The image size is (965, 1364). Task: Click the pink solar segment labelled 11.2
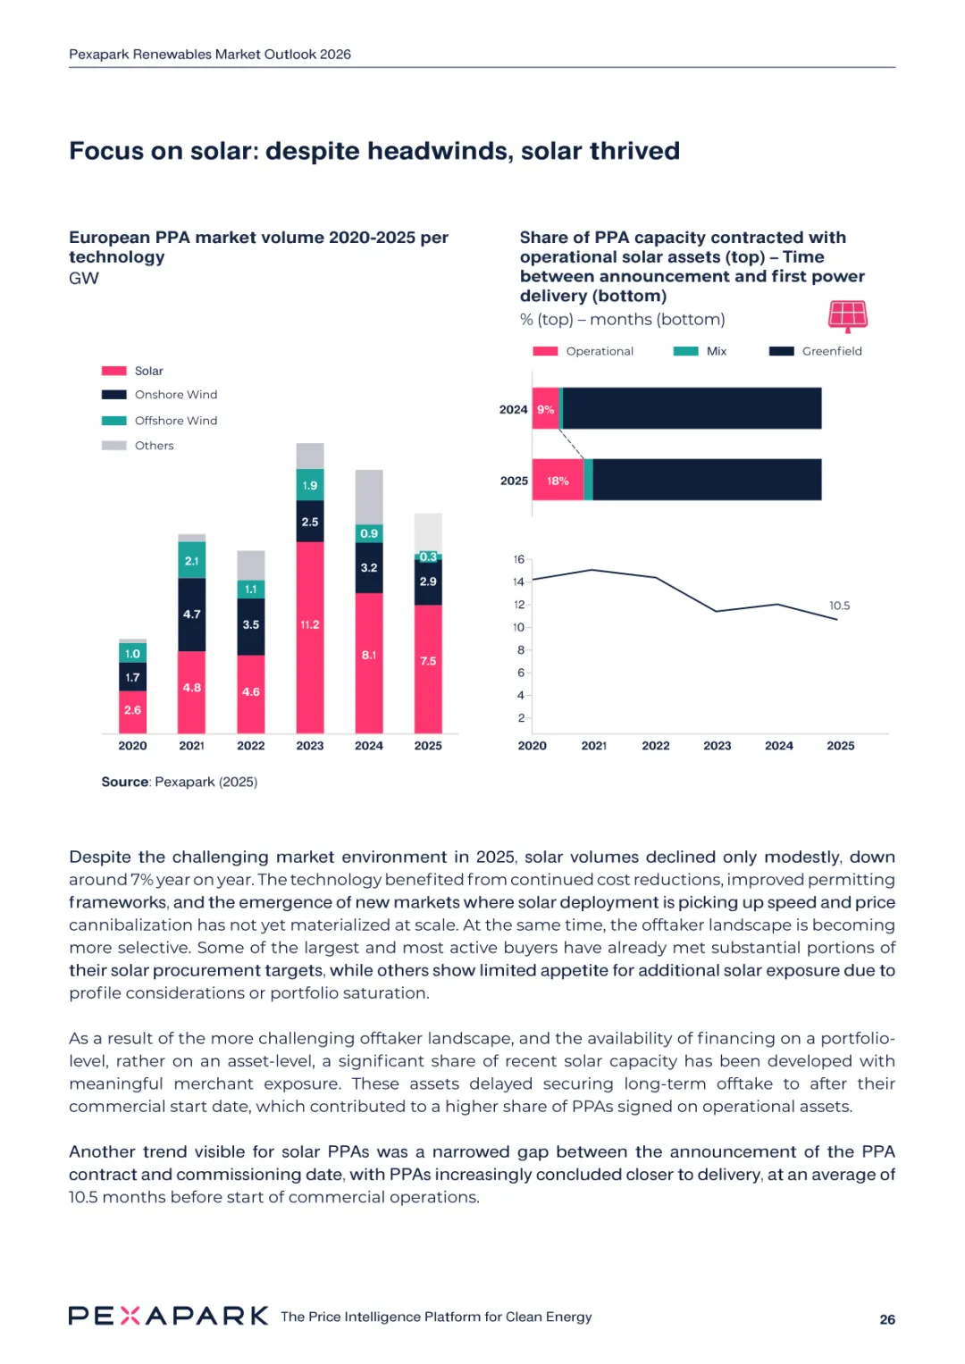pos(310,625)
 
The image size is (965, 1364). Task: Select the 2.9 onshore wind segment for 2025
pos(428,582)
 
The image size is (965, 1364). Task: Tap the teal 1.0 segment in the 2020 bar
pos(132,654)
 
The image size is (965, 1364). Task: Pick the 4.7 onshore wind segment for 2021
pos(192,615)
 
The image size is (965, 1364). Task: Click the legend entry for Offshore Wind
pos(175,421)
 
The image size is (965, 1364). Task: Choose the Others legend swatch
pos(114,446)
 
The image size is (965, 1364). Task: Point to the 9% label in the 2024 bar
pos(546,410)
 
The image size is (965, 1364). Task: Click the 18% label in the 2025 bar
pos(558,481)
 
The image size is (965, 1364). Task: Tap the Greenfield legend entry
pos(831,351)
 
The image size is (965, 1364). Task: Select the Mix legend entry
pos(716,351)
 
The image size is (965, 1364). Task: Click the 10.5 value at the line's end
pos(839,606)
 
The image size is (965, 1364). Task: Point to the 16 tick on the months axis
pos(519,559)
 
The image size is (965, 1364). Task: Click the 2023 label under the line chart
pos(717,746)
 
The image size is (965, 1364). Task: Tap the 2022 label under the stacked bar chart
pos(251,746)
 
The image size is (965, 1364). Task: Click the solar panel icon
pos(848,315)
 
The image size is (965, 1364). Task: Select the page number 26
pos(887,1319)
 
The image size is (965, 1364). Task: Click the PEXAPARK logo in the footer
pos(168,1316)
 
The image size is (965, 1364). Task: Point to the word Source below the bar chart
pos(125,782)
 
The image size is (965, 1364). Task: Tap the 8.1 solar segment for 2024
pos(369,655)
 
